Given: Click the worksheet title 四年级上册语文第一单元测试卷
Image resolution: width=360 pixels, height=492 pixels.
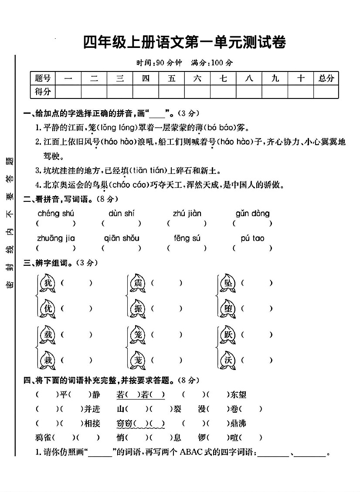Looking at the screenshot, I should coord(184,43).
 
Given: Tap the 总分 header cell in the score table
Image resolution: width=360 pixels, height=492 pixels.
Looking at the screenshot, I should coord(326,78).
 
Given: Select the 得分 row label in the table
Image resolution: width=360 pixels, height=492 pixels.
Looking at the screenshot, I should coord(43,92).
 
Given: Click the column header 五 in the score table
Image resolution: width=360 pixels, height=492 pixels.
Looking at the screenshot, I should coord(171,78).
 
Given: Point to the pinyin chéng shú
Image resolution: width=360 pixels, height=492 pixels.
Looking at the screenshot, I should coord(56,214).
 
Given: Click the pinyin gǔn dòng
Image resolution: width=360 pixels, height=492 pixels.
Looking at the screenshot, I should coord(253,214).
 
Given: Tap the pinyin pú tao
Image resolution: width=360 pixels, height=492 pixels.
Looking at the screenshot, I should coord(252,238).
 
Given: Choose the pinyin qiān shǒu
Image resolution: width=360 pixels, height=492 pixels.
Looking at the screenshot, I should coord(122,238).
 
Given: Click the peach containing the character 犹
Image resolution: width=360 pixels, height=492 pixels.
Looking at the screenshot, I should coord(48,283).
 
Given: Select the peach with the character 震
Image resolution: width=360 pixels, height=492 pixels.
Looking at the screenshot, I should coord(138,283).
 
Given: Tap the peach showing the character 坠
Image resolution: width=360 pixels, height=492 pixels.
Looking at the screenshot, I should coord(228,283).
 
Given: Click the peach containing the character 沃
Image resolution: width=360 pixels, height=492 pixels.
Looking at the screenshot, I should coord(228,360).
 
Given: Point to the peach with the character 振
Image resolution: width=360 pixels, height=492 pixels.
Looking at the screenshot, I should coord(138,309).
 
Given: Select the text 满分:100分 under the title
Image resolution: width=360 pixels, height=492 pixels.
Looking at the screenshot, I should coord(212,63).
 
